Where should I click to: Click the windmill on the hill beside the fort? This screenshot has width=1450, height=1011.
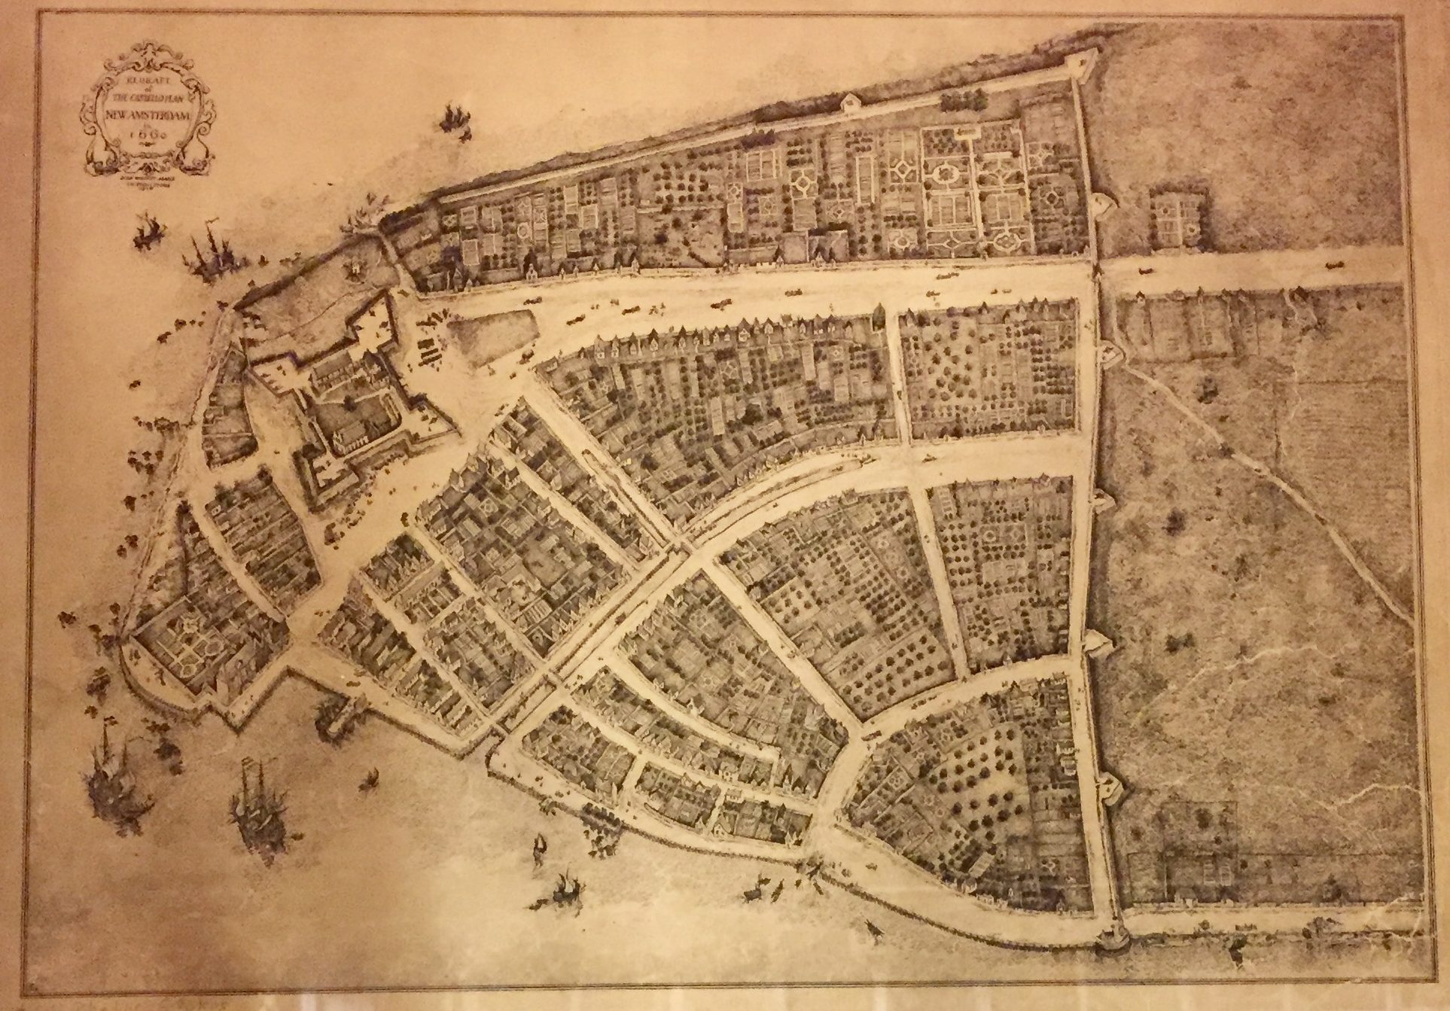[351, 268]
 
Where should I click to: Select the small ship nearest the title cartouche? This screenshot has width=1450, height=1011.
[453, 117]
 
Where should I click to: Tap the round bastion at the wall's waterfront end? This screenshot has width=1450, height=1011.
[1110, 937]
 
